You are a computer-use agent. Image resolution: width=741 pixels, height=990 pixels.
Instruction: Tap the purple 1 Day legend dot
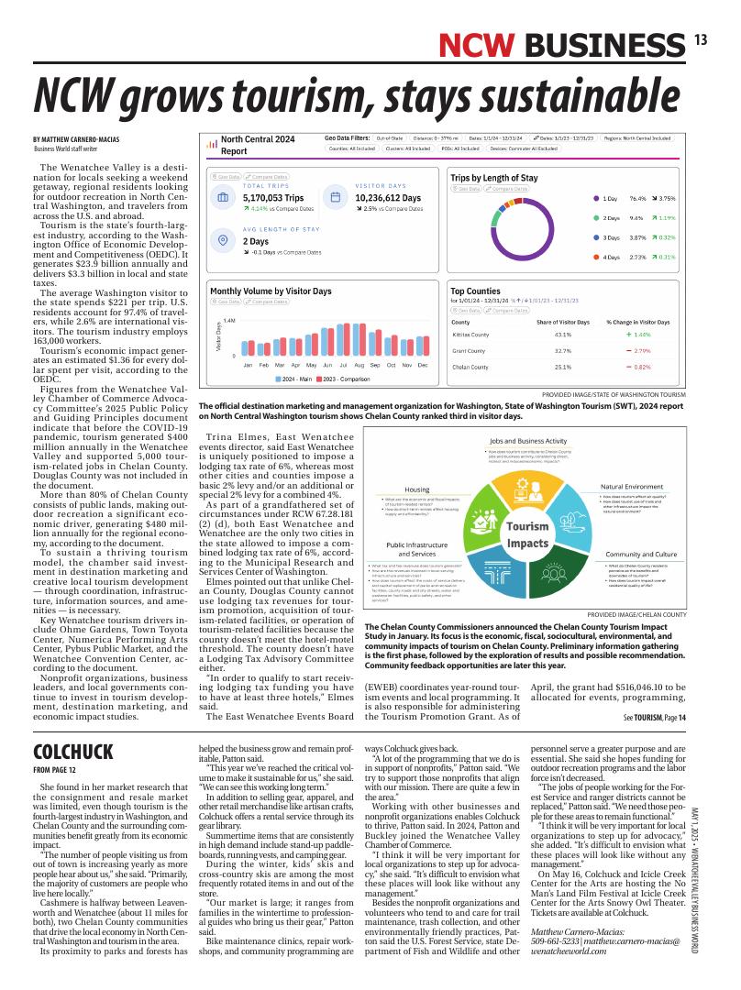pos(597,198)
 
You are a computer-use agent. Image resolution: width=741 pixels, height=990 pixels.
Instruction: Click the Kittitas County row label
pos(471,335)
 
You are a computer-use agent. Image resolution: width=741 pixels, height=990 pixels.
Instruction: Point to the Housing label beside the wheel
pos(417,489)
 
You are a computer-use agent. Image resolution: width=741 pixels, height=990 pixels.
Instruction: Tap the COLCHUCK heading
pos(72,753)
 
